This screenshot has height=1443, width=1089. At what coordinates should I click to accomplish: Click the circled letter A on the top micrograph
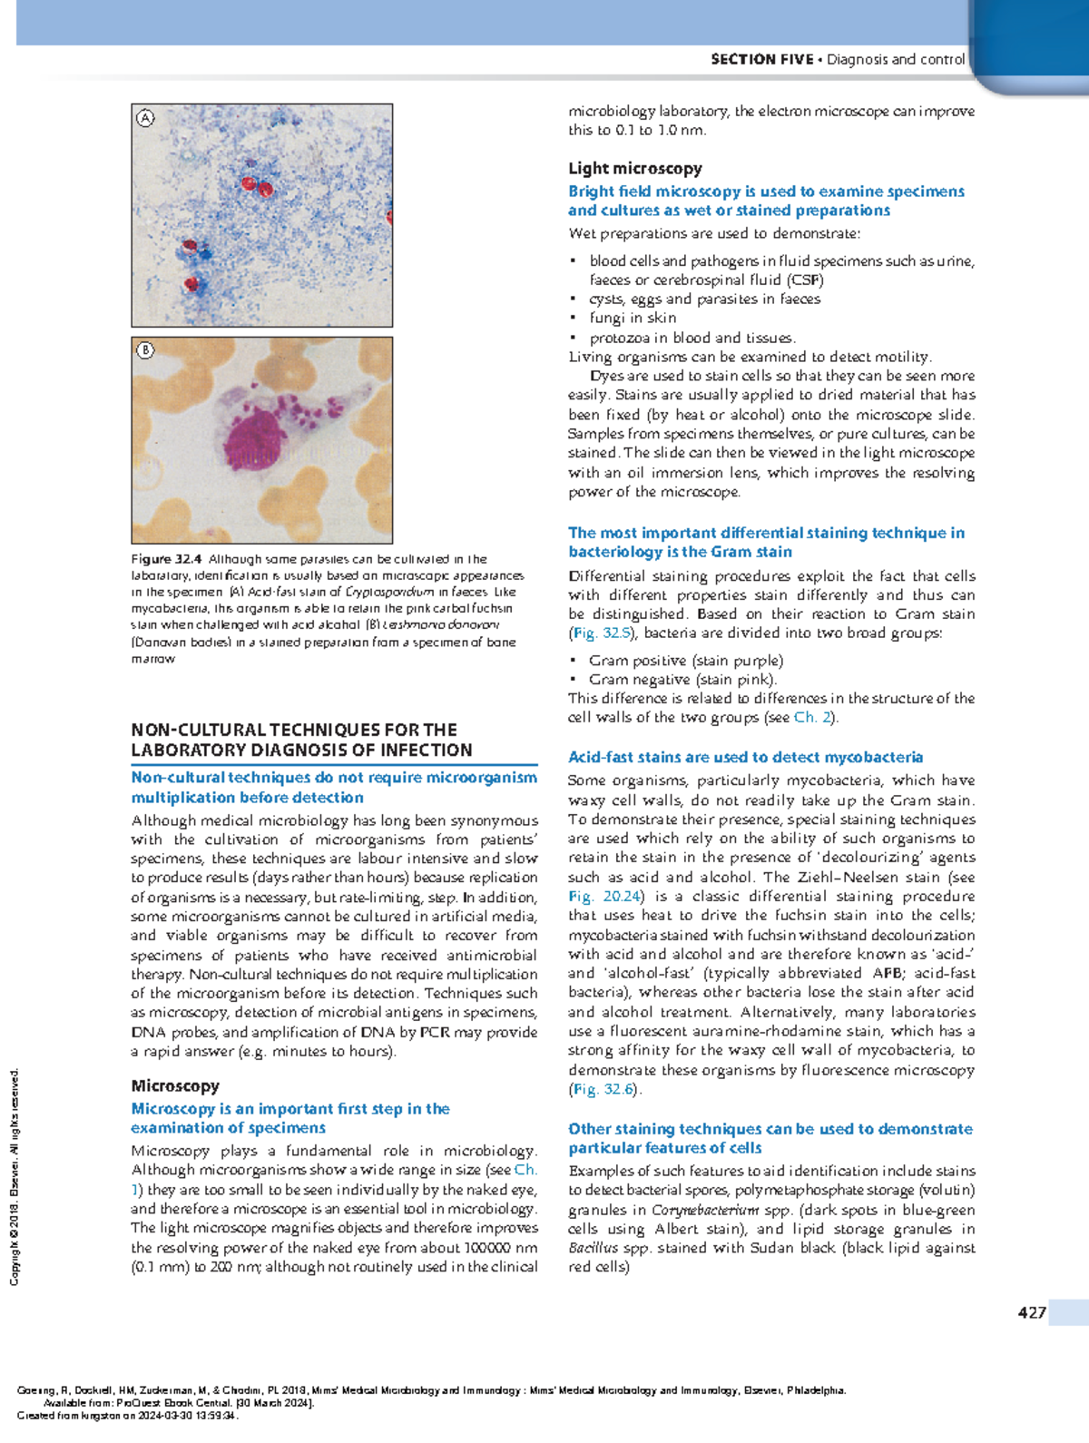pos(145,118)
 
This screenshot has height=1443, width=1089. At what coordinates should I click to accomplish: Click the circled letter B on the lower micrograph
pos(145,351)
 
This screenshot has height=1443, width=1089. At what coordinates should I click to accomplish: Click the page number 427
pos(1032,1312)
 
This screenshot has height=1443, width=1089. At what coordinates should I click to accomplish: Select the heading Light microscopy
pos(634,168)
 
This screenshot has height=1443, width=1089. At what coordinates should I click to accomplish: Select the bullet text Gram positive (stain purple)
pos(685,661)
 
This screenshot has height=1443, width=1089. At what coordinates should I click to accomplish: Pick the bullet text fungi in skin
pos(633,318)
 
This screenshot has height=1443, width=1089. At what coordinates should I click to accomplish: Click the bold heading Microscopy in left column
pos(175,1085)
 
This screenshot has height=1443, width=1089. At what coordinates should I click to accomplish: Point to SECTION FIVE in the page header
pos(761,59)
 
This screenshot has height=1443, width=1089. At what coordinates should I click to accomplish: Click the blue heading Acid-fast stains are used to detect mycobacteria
pos(745,757)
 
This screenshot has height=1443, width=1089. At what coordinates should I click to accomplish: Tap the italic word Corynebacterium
pos(705,1210)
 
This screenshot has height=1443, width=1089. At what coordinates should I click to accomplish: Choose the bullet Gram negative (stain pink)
pos(682,680)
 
